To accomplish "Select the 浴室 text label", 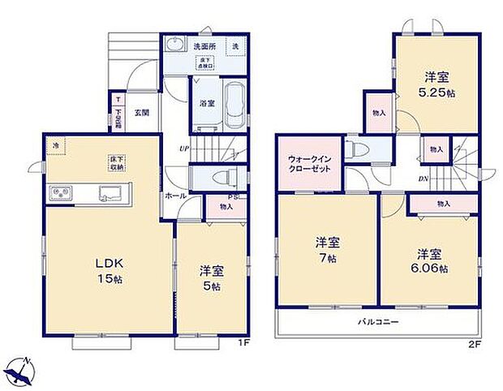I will tap(207, 103).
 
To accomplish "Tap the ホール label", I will tap(175, 195).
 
